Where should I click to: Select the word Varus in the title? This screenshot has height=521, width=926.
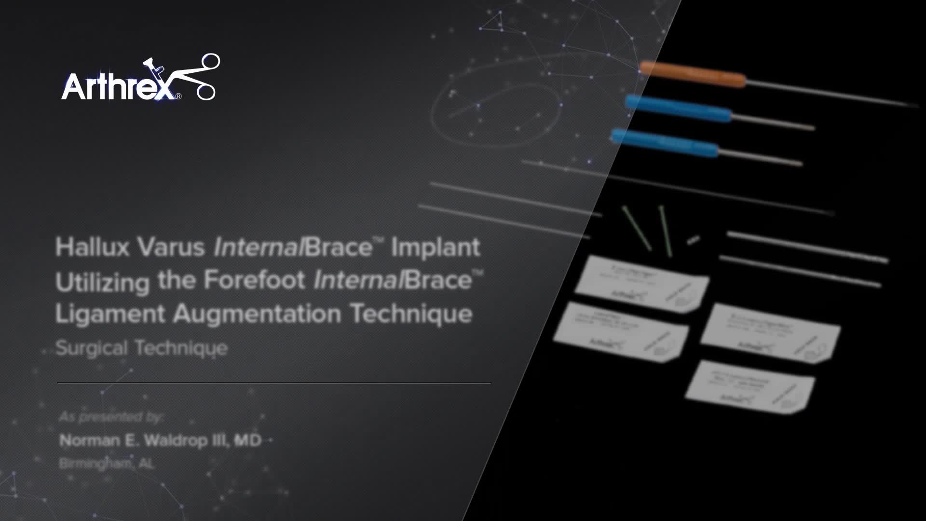coord(171,247)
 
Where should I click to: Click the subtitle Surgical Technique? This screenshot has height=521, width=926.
coord(141,348)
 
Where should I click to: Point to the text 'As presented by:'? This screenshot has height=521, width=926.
coord(111,416)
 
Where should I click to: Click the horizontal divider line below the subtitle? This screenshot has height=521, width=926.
coord(274,383)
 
